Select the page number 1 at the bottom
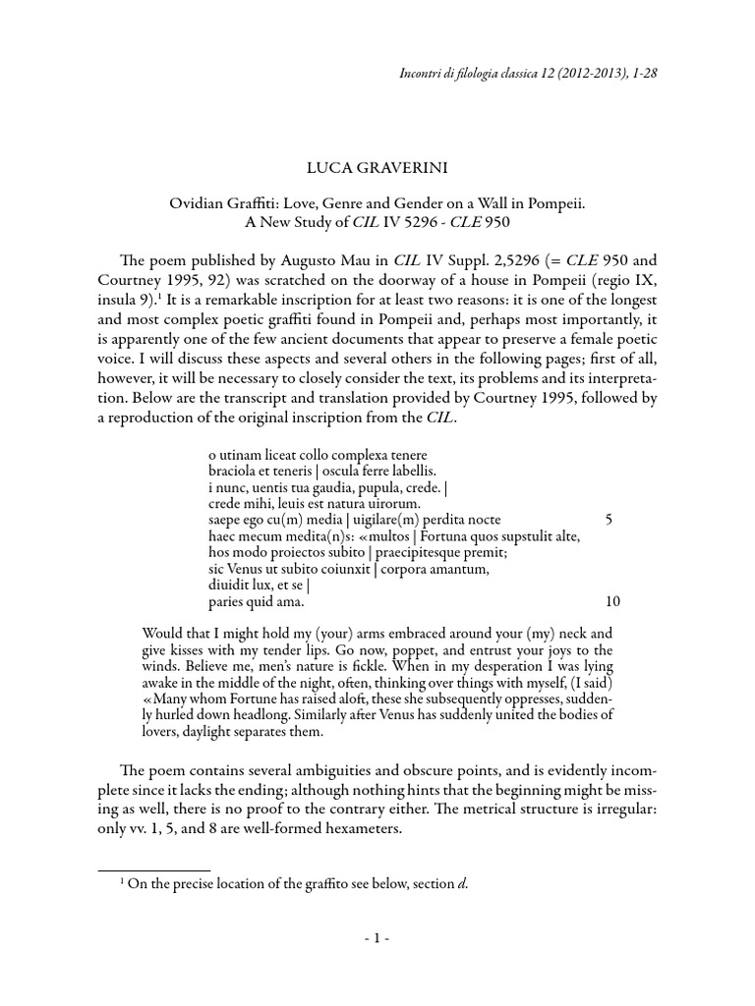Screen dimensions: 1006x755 (x=377, y=938)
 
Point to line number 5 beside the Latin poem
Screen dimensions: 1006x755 (x=610, y=519)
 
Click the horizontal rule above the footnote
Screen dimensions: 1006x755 (x=154, y=869)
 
